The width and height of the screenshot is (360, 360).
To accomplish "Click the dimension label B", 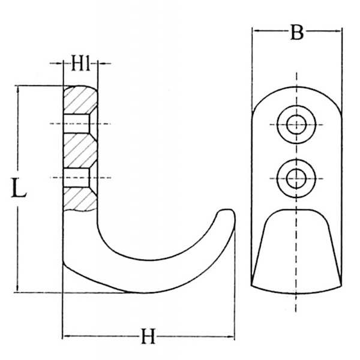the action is pyautogui.click(x=297, y=32).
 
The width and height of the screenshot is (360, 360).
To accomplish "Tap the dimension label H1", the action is pyautogui.click(x=80, y=63).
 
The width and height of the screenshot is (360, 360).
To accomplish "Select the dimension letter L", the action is pyautogui.click(x=19, y=188).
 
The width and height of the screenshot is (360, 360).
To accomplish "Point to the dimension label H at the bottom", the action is pyautogui.click(x=148, y=336).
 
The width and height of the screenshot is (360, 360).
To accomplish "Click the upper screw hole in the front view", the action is pyautogui.click(x=296, y=125).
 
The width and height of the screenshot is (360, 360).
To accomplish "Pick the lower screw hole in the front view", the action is pyautogui.click(x=296, y=178).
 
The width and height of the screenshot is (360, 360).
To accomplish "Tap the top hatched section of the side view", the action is pyautogui.click(x=80, y=100).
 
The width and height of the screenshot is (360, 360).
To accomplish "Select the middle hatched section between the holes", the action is pyautogui.click(x=80, y=151).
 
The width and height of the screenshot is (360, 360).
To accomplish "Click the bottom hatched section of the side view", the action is pyautogui.click(x=80, y=199).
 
